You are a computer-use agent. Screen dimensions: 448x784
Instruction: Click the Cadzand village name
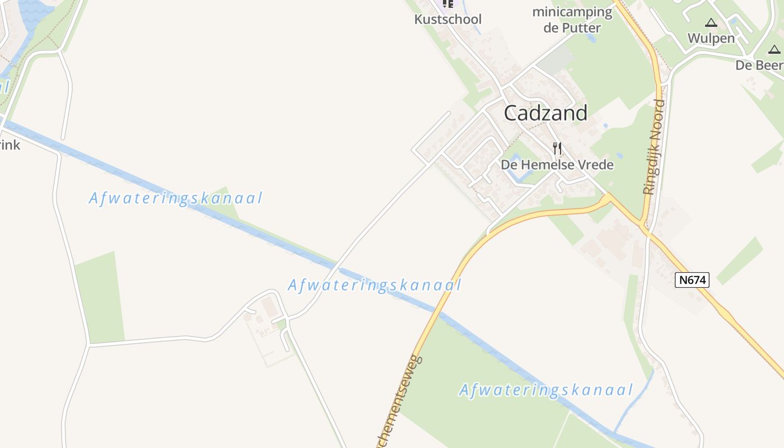click(545, 113)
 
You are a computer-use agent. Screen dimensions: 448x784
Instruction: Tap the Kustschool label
click(447, 19)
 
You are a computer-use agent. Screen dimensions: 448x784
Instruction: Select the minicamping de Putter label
click(572, 20)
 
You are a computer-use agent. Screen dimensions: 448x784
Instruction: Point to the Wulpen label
click(711, 38)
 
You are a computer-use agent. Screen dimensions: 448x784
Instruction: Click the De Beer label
click(759, 65)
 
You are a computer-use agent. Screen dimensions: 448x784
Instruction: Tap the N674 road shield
click(692, 280)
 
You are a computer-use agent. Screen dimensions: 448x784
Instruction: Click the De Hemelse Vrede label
click(557, 165)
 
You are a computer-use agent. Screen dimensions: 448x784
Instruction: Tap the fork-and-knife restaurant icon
click(557, 148)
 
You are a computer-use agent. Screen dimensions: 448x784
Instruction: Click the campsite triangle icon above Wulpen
click(711, 23)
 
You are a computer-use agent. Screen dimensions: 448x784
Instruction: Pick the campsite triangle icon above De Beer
click(774, 50)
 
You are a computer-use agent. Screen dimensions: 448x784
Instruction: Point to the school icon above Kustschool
click(447, 4)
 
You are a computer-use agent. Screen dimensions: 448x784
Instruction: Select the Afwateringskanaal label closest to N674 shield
click(546, 390)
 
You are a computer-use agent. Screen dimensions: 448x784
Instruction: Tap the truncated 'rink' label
click(10, 145)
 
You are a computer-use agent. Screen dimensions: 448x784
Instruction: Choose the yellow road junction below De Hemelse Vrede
click(608, 197)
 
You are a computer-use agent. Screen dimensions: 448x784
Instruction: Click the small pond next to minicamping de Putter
click(591, 38)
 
